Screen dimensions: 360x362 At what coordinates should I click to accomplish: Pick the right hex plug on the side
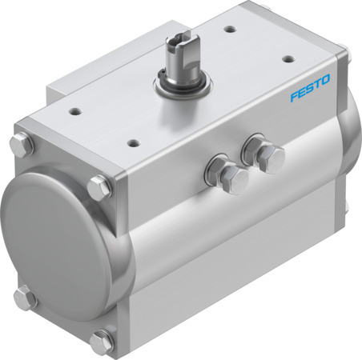point(268,157)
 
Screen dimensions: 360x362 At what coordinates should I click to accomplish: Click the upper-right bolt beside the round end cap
point(99,187)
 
